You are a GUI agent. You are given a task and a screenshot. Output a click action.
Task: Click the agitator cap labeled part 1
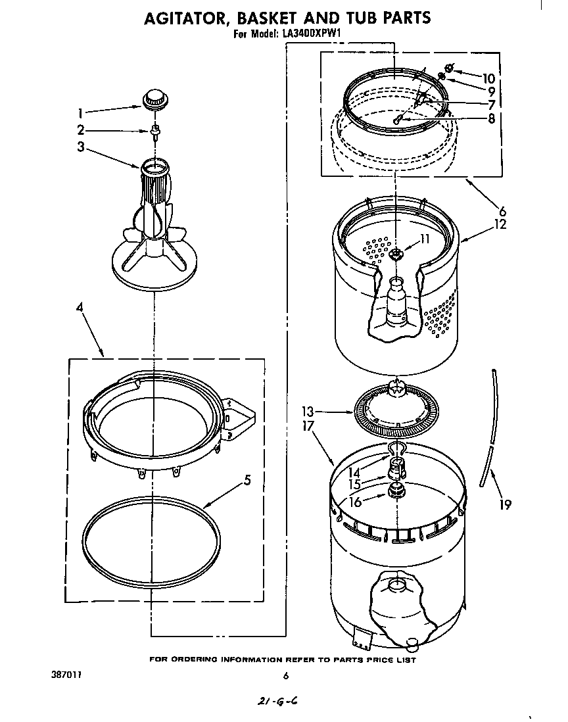155,99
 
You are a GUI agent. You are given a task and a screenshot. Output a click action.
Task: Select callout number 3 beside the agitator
81,147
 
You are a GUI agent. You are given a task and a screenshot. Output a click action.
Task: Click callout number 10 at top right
488,78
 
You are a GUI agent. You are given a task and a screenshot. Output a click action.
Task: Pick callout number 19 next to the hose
505,505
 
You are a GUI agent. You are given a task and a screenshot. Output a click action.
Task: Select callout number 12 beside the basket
501,224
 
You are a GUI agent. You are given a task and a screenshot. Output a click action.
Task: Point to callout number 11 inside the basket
424,239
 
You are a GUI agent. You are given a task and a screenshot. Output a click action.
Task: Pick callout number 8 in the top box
490,119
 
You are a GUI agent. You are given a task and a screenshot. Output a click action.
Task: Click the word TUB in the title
356,18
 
